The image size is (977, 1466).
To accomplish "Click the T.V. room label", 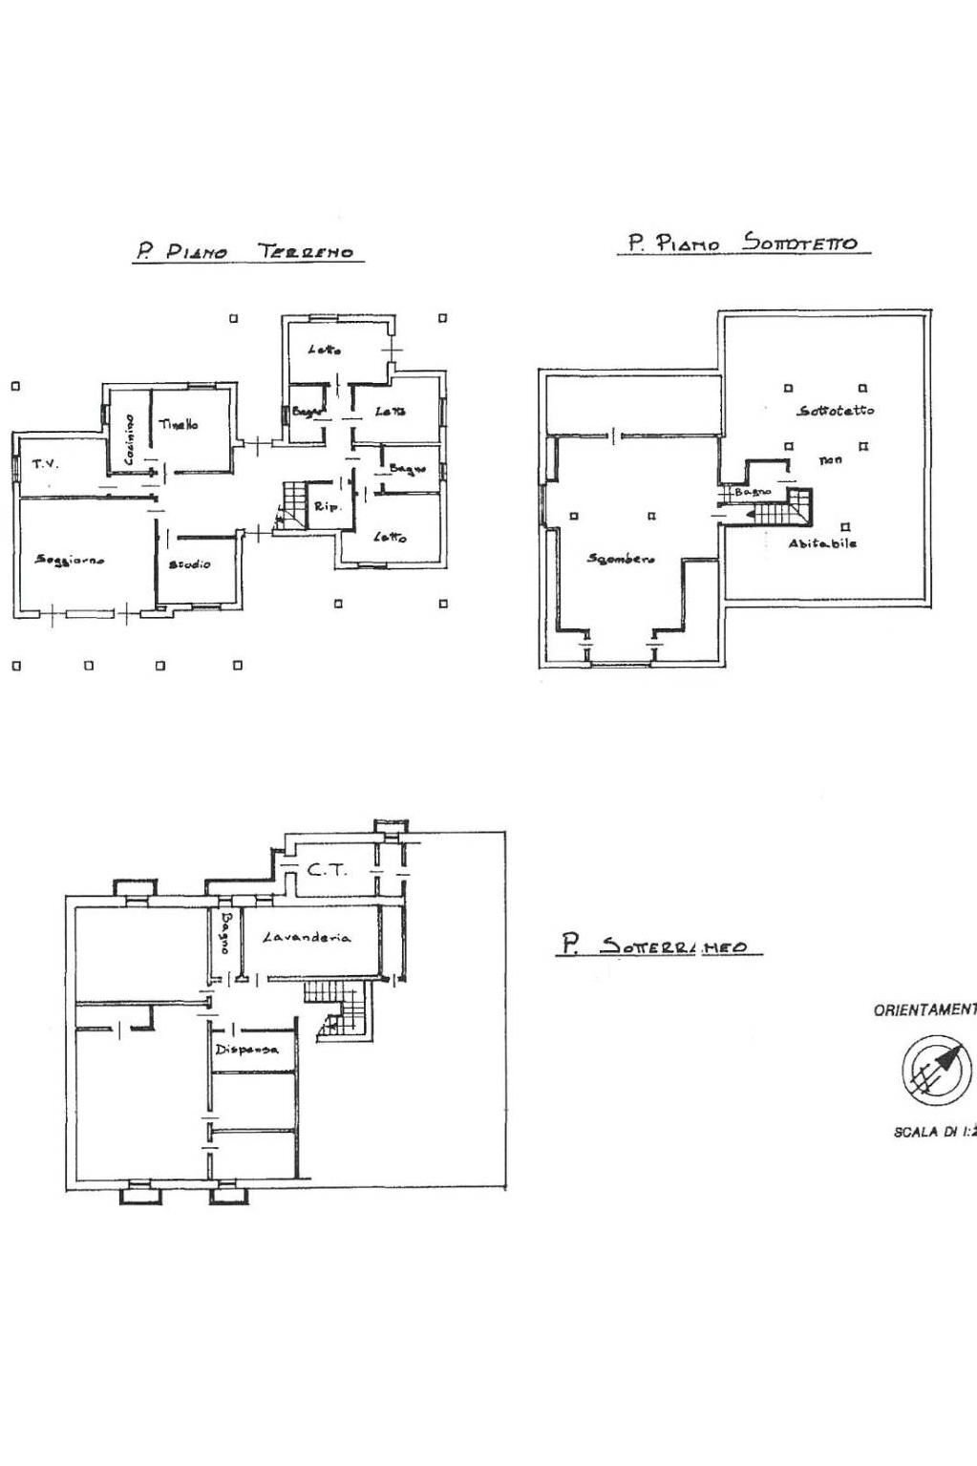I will coord(45,464).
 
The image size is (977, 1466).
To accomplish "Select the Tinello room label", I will coord(179,424).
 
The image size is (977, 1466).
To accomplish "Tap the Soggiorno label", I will coord(70,560).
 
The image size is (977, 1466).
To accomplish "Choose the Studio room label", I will coord(190,564).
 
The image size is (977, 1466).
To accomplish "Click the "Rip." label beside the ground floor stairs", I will coord(328,507).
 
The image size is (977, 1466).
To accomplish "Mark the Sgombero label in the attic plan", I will coord(621,559).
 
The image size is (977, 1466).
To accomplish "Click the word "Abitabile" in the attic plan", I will coord(822,543).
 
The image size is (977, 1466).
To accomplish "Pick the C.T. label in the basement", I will coord(328,870).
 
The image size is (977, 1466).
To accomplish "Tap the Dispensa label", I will coord(246,1049).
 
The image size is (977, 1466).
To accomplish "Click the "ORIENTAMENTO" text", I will coord(924,1009).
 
